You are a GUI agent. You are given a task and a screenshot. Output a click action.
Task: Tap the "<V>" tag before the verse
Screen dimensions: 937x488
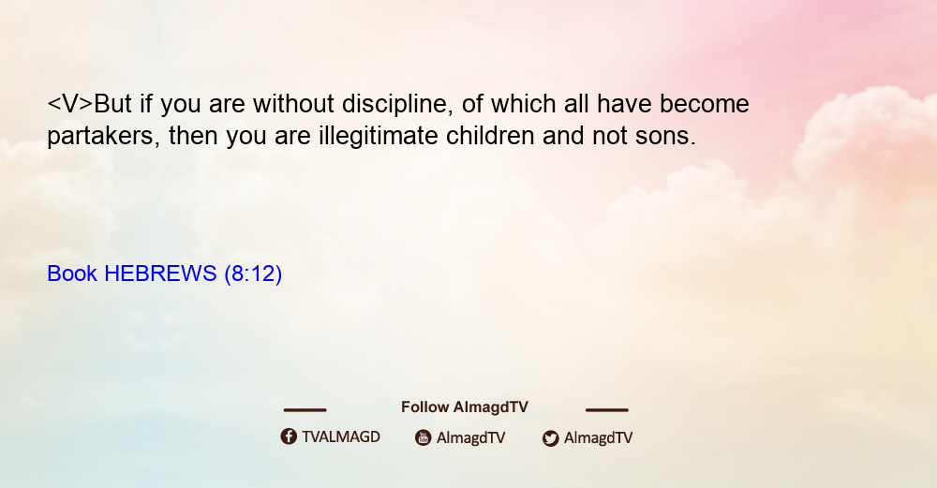click(x=70, y=104)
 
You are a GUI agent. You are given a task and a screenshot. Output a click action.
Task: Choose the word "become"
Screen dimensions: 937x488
click(x=705, y=104)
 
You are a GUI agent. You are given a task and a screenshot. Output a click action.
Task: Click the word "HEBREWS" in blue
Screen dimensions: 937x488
click(x=160, y=274)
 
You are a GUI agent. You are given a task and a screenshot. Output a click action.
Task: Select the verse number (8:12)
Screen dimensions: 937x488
click(x=253, y=274)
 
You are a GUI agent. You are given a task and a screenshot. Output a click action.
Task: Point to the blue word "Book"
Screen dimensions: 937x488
click(x=72, y=274)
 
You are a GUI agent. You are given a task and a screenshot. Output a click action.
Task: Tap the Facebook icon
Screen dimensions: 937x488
click(x=289, y=436)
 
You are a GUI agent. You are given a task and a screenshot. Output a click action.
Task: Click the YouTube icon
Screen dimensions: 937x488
click(x=424, y=437)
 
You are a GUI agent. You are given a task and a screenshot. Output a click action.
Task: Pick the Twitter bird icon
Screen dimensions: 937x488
click(x=551, y=438)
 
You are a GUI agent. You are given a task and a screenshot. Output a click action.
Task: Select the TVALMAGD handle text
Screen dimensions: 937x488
click(x=341, y=437)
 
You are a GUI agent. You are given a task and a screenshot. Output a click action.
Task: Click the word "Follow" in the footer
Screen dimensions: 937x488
click(x=424, y=407)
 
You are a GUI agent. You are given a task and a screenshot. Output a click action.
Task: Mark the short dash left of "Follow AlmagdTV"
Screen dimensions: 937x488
click(x=305, y=410)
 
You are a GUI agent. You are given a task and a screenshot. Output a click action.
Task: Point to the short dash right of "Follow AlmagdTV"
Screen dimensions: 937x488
click(x=607, y=410)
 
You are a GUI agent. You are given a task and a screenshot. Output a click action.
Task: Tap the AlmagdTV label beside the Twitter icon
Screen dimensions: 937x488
click(x=598, y=438)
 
